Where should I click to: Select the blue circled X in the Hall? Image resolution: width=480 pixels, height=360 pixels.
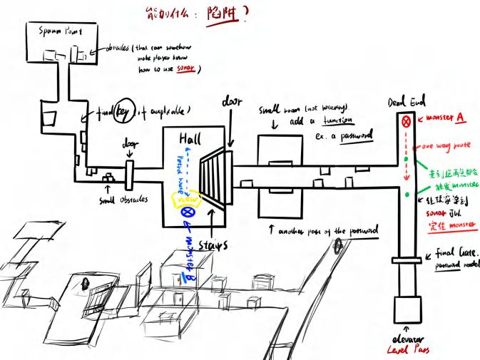[188, 211]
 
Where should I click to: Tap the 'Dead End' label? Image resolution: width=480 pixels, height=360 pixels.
[404, 100]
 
